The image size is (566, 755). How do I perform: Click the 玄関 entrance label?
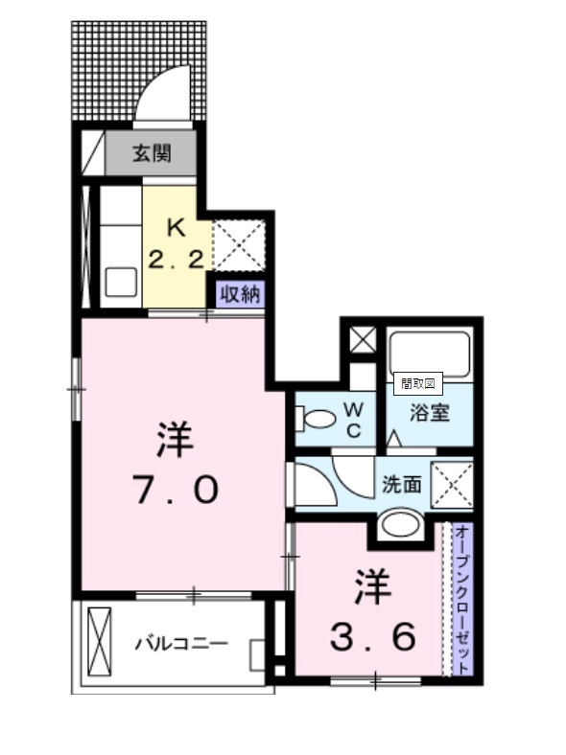(152, 153)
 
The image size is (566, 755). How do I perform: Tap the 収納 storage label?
(240, 293)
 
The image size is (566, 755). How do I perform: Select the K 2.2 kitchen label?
(176, 243)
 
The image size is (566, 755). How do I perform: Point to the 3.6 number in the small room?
(372, 636)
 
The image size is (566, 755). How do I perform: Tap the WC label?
(354, 421)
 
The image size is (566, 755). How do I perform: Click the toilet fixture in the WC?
(316, 419)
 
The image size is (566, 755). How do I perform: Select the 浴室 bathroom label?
(430, 413)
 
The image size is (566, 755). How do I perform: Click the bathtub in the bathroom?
(430, 354)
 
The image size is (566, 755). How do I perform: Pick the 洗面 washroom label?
(402, 485)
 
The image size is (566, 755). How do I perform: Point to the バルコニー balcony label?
(181, 643)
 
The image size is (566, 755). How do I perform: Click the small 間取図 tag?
(418, 384)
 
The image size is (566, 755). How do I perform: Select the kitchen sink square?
(121, 283)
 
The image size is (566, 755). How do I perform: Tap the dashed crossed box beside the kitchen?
(239, 245)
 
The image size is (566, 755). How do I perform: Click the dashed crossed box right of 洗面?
(452, 485)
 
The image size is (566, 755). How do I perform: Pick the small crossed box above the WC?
(363, 339)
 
